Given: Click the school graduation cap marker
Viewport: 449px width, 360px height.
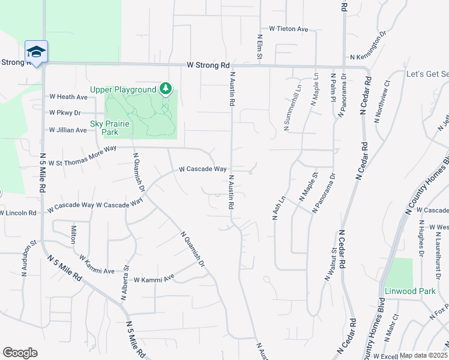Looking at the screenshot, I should (36, 52).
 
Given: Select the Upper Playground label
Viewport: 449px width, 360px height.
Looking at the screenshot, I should (123, 90).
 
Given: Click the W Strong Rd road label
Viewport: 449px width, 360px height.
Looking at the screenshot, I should (208, 65).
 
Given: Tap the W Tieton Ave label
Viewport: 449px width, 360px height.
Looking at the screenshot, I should (288, 29).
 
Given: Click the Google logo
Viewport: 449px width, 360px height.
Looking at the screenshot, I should (20, 353).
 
